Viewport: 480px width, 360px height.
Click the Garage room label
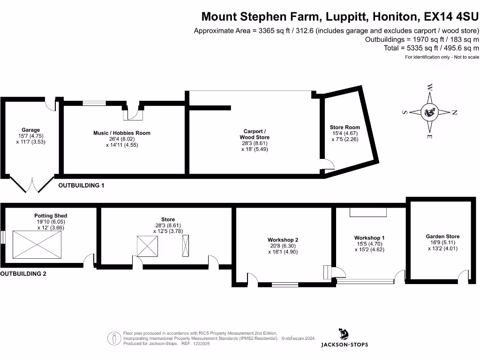(31, 130)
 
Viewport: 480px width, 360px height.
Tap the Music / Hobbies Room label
(122, 133)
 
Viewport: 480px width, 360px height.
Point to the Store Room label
(345, 127)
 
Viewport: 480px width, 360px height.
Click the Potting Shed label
(51, 216)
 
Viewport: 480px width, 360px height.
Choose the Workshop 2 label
(283, 240)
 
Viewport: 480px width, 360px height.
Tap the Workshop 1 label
(370, 238)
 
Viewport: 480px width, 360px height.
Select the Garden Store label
(442, 237)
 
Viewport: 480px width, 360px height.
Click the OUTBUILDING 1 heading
(81, 186)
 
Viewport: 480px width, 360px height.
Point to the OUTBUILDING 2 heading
(23, 274)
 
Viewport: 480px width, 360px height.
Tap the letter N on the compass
(454, 112)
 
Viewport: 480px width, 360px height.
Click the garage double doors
(31, 185)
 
